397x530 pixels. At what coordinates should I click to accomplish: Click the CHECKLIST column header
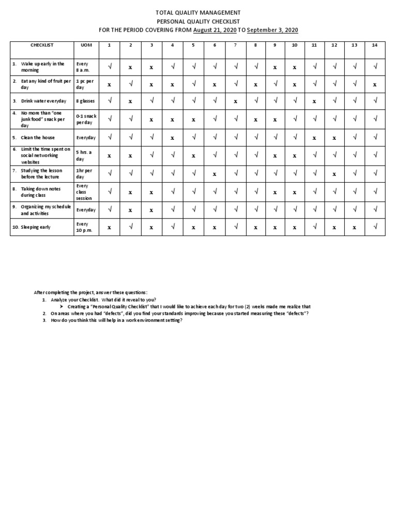42,45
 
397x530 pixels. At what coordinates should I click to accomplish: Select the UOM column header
86,45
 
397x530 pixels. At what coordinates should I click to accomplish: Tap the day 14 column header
374,45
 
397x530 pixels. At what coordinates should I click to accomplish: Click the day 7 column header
235,45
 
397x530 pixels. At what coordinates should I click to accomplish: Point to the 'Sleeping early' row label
36,227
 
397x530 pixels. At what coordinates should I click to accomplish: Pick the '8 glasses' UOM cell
85,101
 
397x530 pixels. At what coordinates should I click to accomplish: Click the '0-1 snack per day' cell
86,119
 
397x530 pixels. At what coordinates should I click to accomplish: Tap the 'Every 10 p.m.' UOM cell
84,227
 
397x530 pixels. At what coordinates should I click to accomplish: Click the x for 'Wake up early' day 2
130,67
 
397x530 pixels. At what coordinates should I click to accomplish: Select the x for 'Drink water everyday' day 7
235,101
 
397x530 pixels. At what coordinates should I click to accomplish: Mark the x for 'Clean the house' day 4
172,138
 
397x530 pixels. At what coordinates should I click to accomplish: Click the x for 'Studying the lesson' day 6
214,174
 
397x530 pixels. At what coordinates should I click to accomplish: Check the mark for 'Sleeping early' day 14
374,227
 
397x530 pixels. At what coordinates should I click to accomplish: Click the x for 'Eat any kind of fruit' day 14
374,84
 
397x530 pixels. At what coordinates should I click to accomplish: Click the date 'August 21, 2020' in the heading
214,30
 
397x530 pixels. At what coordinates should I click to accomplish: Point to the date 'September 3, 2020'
272,30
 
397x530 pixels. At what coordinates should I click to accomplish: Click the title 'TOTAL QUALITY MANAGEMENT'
198,12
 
